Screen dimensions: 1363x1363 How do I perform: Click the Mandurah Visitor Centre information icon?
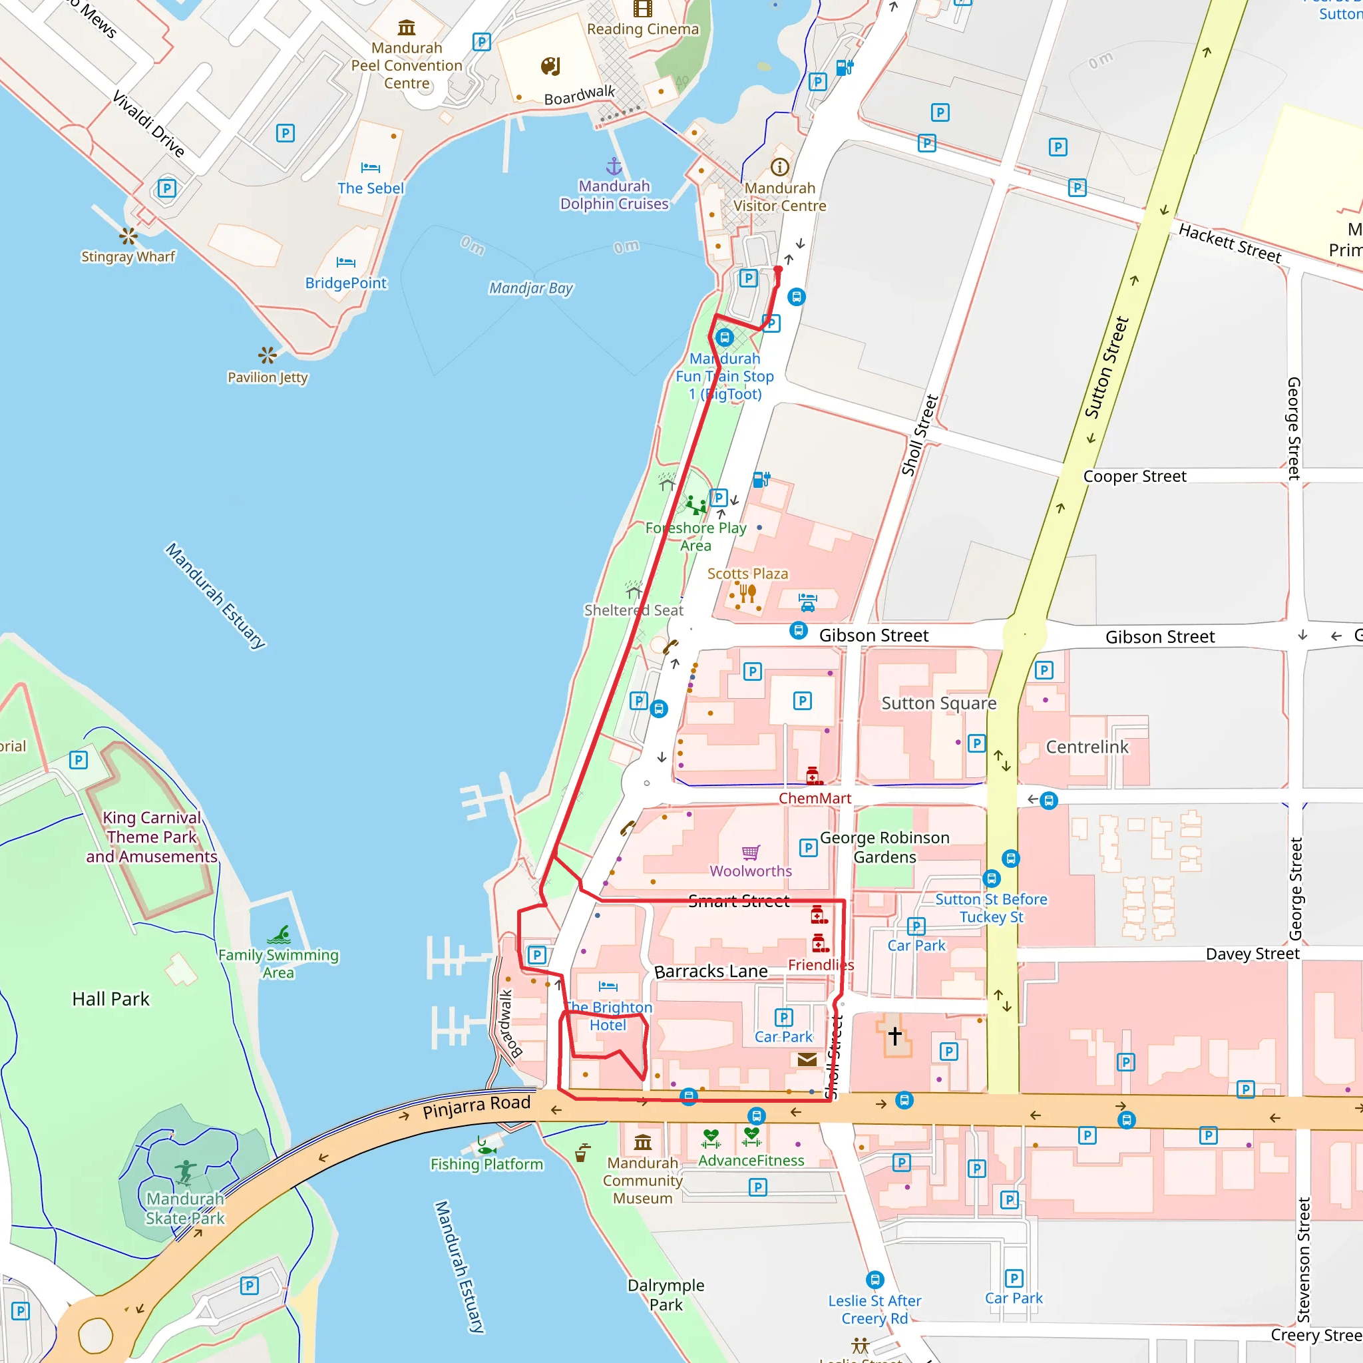(779, 167)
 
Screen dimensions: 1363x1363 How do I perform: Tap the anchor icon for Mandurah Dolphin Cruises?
(614, 166)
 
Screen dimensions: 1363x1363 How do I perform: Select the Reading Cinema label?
(643, 29)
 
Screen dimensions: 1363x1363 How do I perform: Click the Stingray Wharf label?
(128, 257)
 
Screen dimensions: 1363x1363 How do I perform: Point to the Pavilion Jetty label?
(268, 377)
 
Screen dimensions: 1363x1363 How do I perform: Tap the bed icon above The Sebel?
(371, 168)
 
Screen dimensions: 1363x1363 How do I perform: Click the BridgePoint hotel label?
(345, 284)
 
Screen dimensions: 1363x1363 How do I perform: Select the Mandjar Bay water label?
(530, 288)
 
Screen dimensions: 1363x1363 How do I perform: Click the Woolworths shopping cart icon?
(751, 853)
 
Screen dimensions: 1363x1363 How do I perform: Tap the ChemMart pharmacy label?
(815, 798)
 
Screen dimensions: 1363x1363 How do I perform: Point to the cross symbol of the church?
(894, 1035)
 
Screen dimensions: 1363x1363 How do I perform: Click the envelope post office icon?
(807, 1060)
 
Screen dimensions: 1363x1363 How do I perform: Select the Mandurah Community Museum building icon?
(643, 1141)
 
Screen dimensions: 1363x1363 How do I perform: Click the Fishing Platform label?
(487, 1165)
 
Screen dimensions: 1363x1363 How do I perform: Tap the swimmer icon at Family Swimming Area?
(280, 936)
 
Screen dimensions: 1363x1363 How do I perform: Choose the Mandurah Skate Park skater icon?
(186, 1172)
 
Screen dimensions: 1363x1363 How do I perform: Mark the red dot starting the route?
(778, 270)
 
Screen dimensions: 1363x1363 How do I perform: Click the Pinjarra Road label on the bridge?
(477, 1106)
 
